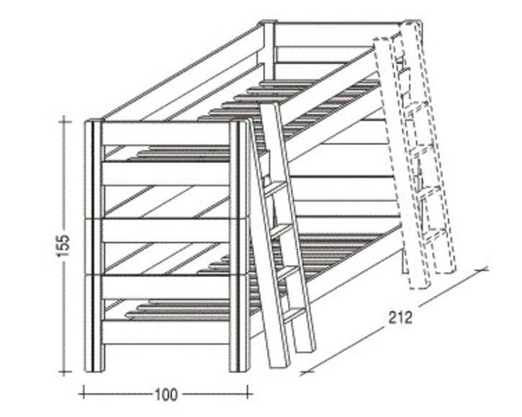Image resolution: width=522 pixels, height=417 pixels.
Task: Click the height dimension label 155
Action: tap(63, 246)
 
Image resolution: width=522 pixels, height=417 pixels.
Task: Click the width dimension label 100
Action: tap(166, 395)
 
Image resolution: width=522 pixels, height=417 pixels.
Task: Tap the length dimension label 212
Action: tap(400, 318)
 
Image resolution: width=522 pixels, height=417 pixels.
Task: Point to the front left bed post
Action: tap(94, 246)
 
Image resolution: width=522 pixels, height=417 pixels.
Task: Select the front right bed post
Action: tap(239, 246)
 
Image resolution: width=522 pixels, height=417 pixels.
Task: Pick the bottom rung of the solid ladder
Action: tap(294, 315)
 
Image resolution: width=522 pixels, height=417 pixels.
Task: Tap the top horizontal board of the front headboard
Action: tap(166, 133)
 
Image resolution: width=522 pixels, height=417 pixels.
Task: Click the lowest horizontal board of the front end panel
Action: tap(166, 333)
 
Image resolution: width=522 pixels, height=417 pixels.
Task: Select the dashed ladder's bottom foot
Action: tap(420, 283)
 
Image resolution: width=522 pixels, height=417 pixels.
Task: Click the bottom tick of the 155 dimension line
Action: tap(65, 372)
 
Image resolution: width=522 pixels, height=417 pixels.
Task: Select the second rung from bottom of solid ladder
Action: tap(287, 273)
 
